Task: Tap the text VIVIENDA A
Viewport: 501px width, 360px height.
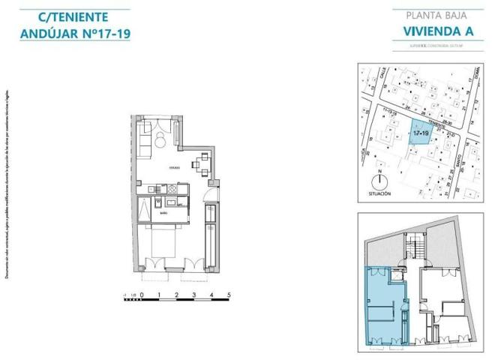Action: [427, 31]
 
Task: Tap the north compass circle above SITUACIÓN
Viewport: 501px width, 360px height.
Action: [380, 181]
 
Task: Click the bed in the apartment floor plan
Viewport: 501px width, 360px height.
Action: [166, 242]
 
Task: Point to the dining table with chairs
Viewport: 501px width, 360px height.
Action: [200, 163]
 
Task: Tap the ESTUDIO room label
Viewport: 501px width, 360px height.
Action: [173, 166]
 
